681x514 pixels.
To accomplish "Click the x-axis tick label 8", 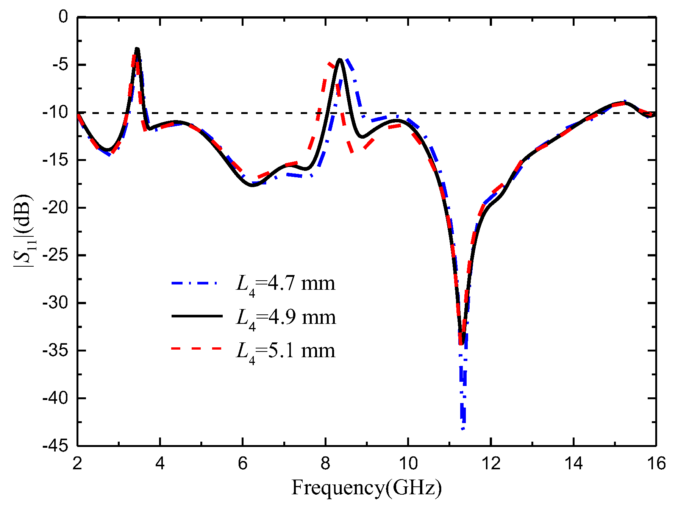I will [325, 463].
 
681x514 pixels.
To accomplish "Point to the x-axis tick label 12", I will [491, 463].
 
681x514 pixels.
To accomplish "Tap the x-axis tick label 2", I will [77, 463].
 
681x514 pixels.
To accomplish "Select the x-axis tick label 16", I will [656, 463].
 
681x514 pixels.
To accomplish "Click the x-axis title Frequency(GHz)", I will [366, 488].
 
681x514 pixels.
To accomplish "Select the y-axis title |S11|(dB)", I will [23, 231].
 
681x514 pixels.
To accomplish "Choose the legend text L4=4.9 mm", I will [286, 317].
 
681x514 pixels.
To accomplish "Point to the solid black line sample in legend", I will [197, 316].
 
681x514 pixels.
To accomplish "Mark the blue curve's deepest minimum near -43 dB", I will [463, 429].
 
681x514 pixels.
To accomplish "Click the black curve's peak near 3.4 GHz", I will [137, 48].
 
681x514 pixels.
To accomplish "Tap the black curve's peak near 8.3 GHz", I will [340, 59].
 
